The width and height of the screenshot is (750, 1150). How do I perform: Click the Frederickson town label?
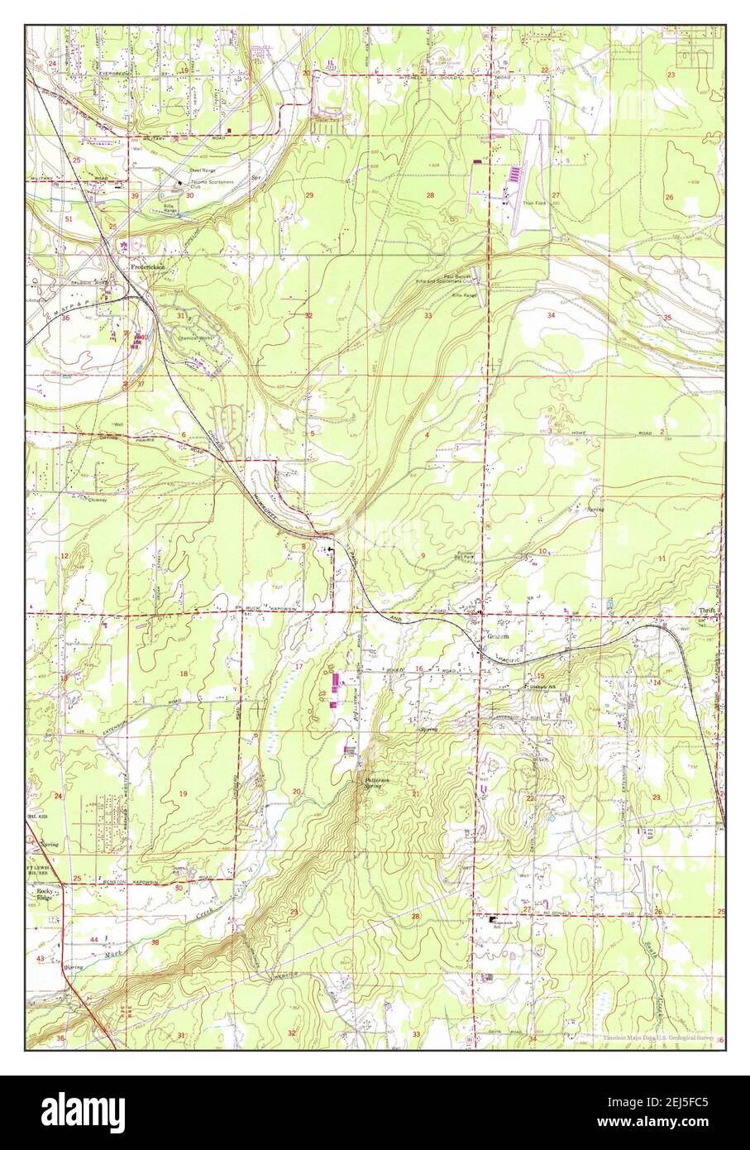pyautogui.click(x=146, y=268)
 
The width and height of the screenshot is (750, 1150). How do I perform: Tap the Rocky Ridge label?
pyautogui.click(x=44, y=894)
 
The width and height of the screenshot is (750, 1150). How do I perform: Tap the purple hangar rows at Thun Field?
pyautogui.click(x=514, y=175)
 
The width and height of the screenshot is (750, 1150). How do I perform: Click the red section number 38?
pyautogui.click(x=155, y=942)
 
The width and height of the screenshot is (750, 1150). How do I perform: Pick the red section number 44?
pyautogui.click(x=93, y=940)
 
